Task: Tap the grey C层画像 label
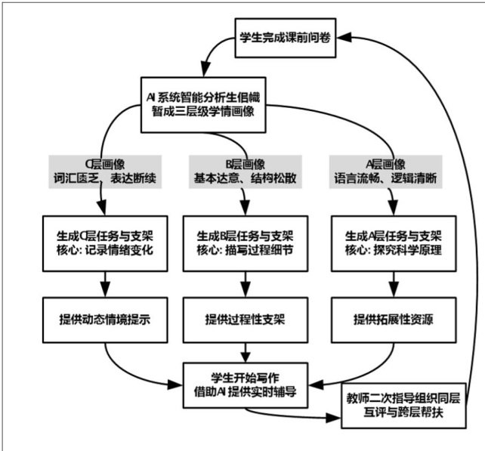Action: click(x=101, y=164)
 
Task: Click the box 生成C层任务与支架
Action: click(x=101, y=242)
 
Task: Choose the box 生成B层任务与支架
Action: click(x=244, y=242)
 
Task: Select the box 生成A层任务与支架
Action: click(x=390, y=242)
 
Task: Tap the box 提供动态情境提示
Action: click(x=101, y=318)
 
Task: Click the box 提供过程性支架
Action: click(x=244, y=318)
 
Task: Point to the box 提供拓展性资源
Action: click(x=390, y=318)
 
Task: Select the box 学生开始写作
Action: click(x=245, y=383)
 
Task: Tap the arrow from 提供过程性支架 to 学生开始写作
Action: click(x=244, y=349)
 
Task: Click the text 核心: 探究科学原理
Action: click(x=390, y=249)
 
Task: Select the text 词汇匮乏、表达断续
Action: click(x=101, y=179)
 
